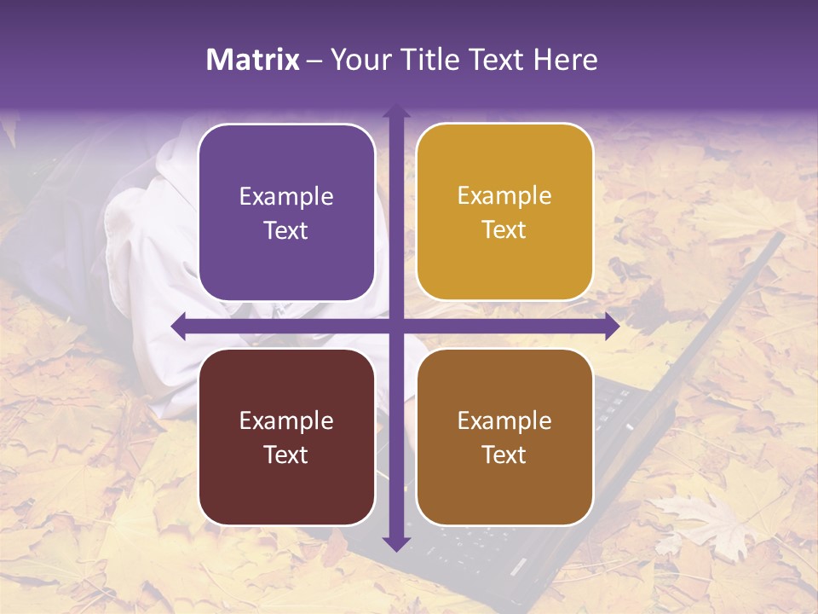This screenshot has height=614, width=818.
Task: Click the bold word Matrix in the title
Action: [x=253, y=60]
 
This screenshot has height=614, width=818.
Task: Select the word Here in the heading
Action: [x=566, y=60]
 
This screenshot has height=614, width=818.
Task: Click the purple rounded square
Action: [x=286, y=212]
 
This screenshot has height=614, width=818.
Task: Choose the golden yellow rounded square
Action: [x=504, y=212]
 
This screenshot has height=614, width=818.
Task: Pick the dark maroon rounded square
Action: [x=286, y=437]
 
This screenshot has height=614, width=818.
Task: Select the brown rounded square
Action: [x=504, y=437]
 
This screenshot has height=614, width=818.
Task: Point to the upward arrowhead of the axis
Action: [x=395, y=111]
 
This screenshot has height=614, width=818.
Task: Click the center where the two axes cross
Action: [x=395, y=327]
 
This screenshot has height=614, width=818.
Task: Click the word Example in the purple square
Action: [x=286, y=196]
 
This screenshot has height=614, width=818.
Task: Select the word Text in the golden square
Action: [x=504, y=230]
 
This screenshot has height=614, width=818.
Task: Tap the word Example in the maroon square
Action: [x=286, y=420]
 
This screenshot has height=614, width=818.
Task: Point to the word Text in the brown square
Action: [x=504, y=455]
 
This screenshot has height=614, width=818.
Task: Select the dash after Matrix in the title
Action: [x=314, y=61]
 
